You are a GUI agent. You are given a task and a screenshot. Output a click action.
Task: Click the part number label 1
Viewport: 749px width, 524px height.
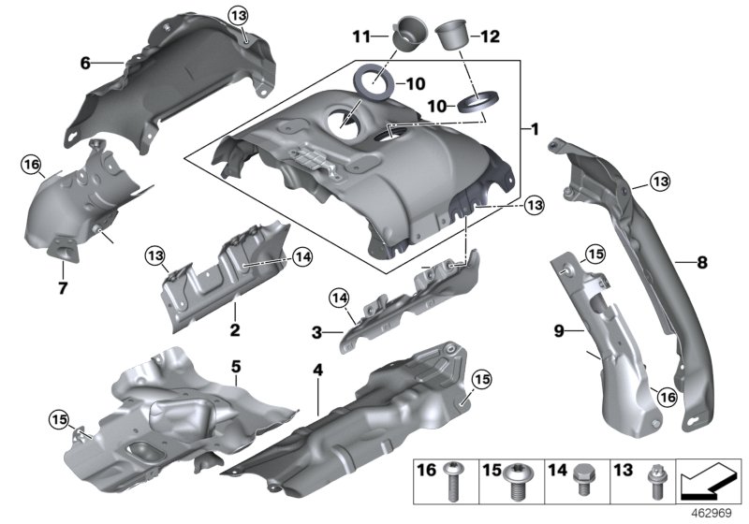(535, 127)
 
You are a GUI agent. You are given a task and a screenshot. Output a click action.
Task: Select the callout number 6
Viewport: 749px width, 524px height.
(84, 63)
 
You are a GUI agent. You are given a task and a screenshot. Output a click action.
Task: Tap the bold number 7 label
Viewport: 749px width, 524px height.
(64, 288)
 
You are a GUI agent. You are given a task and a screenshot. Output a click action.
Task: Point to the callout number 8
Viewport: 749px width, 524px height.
(701, 263)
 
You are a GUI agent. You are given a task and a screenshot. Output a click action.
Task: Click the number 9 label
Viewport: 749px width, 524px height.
(558, 329)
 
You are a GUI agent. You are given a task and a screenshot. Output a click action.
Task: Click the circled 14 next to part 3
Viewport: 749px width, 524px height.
(339, 298)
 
